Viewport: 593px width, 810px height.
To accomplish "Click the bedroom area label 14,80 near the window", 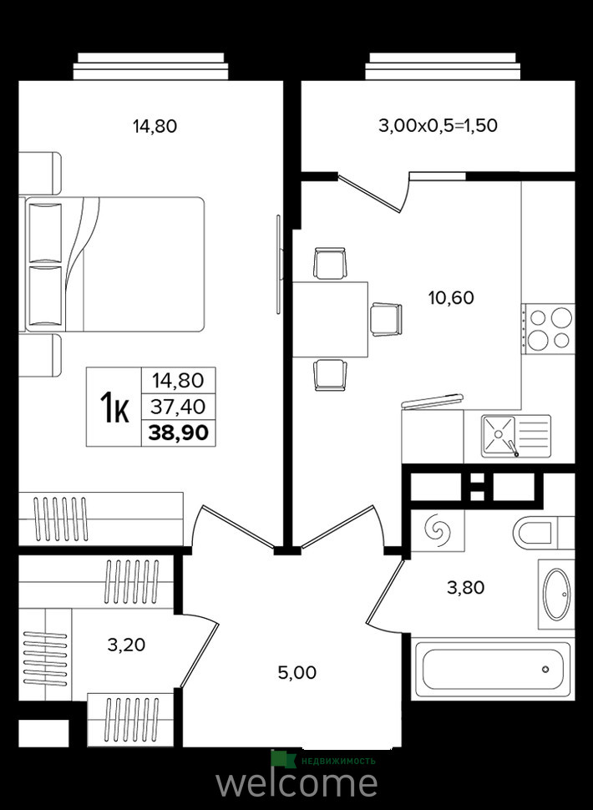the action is tap(155, 126).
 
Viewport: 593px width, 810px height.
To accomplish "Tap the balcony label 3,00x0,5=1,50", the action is tap(438, 125).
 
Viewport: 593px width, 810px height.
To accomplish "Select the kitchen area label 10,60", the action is tap(452, 298).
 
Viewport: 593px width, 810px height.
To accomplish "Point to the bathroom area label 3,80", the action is tap(466, 588).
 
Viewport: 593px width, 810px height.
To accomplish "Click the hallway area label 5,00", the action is tap(297, 672).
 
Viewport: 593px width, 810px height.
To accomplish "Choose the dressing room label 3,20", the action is tap(127, 645).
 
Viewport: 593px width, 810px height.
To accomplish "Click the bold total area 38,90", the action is tap(179, 433).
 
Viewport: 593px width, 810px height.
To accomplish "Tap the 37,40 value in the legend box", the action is tap(178, 407).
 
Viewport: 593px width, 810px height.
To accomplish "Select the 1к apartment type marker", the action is tap(114, 407).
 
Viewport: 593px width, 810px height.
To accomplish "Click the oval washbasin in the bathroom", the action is tap(557, 595).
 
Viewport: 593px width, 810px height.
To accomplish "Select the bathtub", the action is tap(493, 670).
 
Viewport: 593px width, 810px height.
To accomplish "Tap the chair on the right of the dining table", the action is tap(386, 319).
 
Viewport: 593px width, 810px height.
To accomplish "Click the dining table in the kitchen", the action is tap(330, 319).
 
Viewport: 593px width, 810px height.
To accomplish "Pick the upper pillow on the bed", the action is tap(45, 233).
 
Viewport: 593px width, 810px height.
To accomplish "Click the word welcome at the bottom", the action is tap(296, 783).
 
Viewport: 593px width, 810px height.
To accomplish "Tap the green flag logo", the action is tap(282, 759).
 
